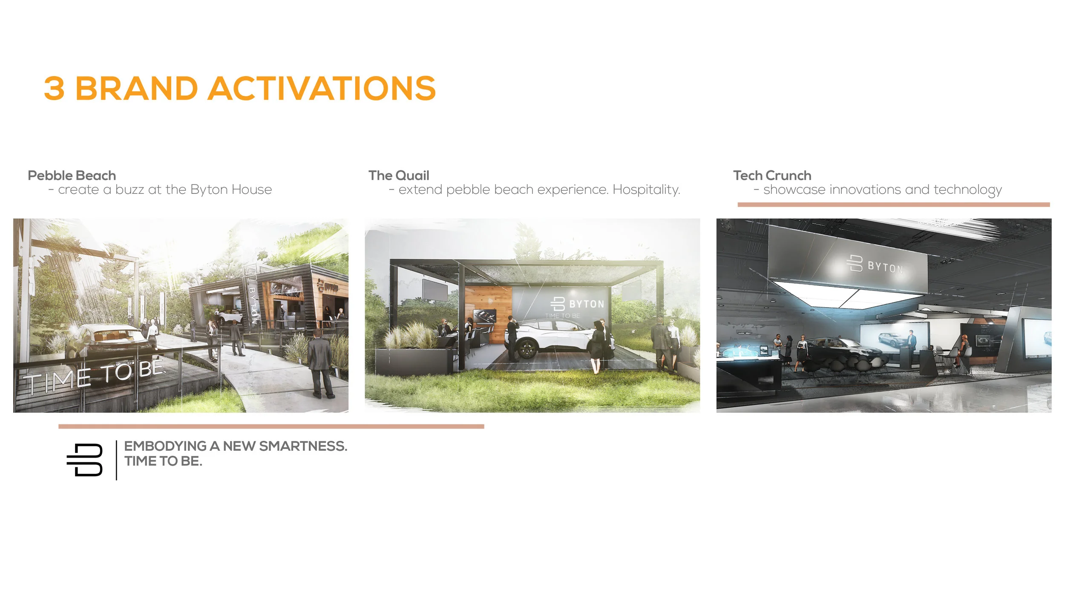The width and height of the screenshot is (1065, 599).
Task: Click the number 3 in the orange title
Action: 55,89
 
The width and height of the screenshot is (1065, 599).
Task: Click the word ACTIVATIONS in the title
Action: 322,89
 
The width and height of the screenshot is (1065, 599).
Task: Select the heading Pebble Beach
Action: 72,176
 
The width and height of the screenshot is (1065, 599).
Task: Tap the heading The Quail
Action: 399,176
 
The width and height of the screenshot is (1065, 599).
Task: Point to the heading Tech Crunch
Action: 772,176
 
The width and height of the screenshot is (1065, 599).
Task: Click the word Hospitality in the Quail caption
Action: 645,190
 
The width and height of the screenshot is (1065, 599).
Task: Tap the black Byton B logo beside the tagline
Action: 85,460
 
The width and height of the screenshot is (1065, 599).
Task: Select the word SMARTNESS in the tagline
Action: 303,446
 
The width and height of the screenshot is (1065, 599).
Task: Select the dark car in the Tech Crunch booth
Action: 843,348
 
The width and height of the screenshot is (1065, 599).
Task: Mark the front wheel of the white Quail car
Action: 526,348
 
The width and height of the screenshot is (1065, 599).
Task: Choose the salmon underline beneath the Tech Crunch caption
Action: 893,205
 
